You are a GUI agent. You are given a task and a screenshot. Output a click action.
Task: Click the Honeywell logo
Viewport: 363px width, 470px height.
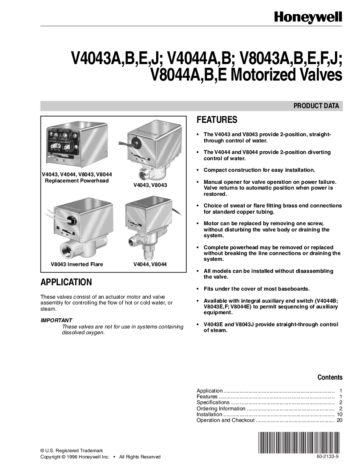coord(308,17)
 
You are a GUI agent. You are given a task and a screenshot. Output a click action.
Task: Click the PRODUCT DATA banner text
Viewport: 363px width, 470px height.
coord(316,106)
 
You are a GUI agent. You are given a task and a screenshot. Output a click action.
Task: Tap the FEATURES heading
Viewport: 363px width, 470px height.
coord(217,120)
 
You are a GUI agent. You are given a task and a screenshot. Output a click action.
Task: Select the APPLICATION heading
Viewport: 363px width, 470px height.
coord(66,282)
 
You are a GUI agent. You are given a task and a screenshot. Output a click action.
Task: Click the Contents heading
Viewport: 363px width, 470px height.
coord(330,377)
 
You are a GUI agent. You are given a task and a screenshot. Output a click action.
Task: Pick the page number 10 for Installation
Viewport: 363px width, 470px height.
coord(339,414)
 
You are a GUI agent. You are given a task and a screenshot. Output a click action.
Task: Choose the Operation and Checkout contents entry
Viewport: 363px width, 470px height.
coord(226,420)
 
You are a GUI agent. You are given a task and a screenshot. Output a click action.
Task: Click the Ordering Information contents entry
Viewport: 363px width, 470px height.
coord(221,409)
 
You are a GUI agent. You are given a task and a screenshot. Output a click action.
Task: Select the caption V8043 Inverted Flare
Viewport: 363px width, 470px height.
coord(77,264)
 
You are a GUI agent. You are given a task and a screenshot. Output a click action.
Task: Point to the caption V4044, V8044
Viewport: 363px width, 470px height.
coord(150,264)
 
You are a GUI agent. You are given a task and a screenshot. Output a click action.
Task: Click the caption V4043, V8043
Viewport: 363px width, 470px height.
coord(150,185)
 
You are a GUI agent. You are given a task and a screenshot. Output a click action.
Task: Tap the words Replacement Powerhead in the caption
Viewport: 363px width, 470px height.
coord(77,181)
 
